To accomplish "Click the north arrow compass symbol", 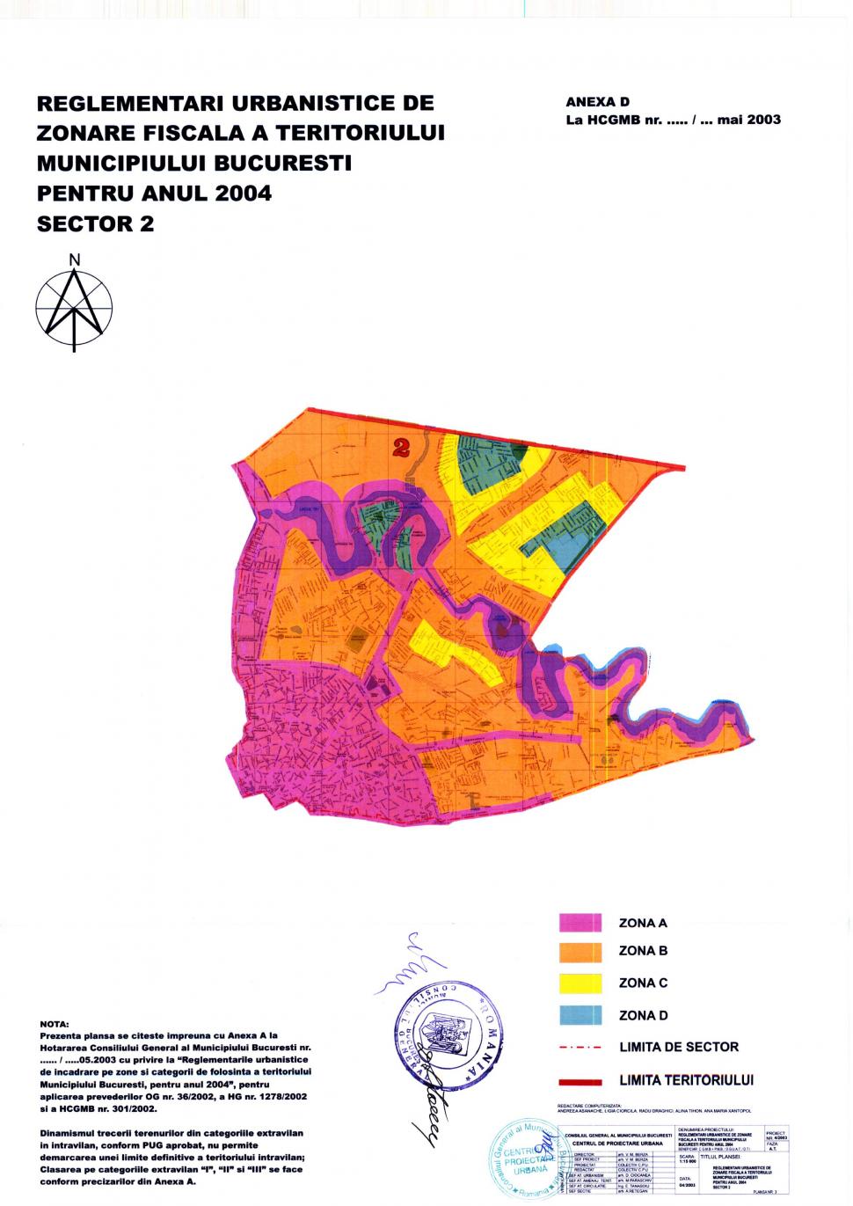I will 74,308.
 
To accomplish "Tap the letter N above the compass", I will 75,259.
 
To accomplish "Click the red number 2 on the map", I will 403,448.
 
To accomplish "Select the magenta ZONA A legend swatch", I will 580,923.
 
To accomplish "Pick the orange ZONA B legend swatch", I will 580,952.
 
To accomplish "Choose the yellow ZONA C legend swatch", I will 580,983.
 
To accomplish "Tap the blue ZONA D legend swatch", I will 580,1015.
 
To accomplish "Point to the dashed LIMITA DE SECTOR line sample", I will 580,1048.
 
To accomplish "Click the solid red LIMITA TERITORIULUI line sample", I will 580,1081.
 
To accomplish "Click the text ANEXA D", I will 597,103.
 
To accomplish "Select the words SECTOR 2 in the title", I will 95,224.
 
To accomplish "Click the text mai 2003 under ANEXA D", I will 748,121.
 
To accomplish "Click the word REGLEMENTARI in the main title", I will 131,104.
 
